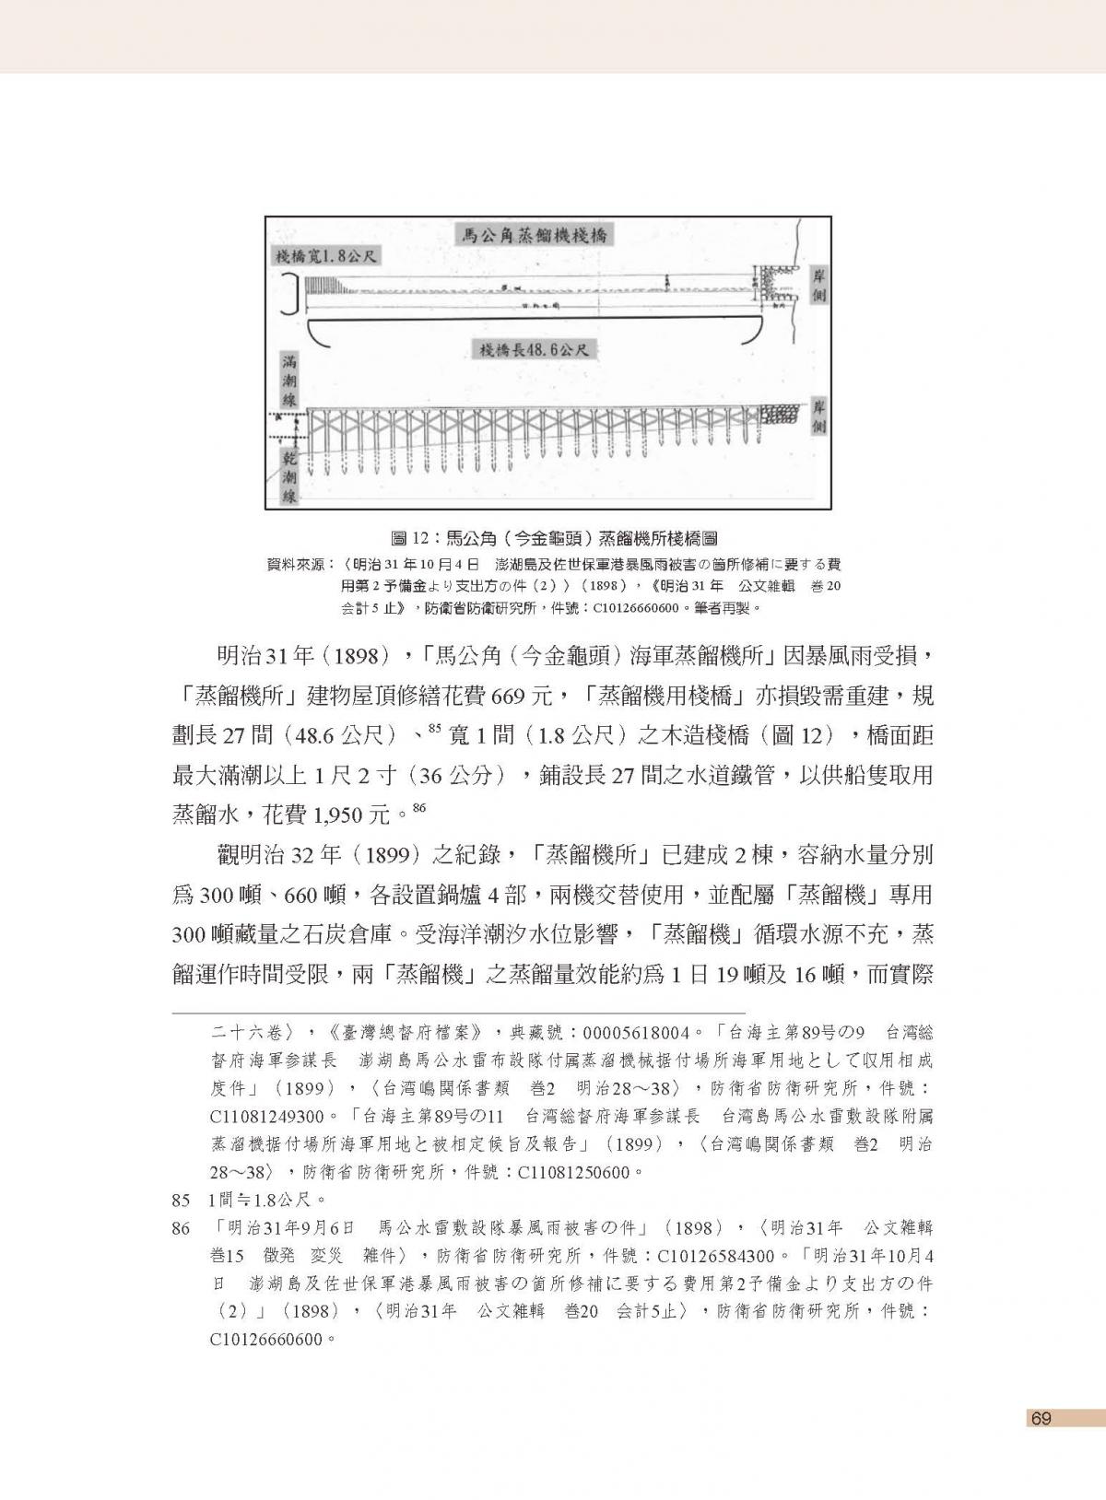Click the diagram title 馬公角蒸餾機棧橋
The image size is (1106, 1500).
[x=535, y=235]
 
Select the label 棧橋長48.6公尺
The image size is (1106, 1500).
[x=534, y=350]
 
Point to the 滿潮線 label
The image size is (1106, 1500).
[x=288, y=379]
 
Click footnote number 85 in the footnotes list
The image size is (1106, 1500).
[x=181, y=1201]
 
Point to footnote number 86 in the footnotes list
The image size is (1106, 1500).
[x=181, y=1229]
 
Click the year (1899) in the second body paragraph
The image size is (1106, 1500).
[x=394, y=854]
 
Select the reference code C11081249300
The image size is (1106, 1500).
[x=267, y=1117]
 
